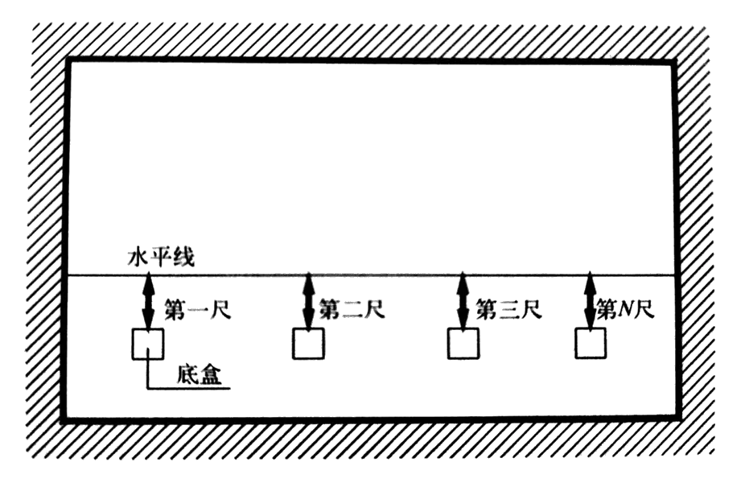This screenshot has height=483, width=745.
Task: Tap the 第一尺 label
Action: click(197, 308)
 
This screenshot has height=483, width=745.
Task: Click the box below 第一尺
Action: click(147, 345)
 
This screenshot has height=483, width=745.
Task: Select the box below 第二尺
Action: click(308, 345)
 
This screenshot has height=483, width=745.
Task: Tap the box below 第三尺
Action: click(464, 345)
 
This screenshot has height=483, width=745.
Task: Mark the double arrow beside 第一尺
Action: click(148, 302)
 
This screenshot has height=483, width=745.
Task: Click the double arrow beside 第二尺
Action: click(308, 302)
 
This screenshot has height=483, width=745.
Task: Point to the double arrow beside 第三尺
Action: click(463, 302)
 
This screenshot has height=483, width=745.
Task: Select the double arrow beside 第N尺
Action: click(591, 302)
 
